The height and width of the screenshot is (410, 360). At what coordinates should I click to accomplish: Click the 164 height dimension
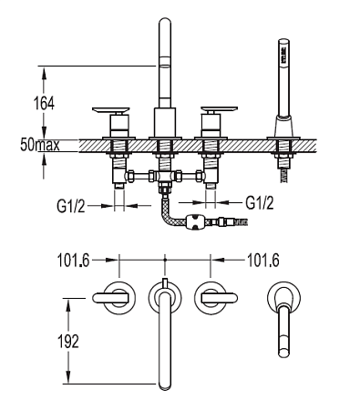click(44, 104)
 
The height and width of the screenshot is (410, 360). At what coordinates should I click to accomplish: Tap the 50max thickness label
click(40, 145)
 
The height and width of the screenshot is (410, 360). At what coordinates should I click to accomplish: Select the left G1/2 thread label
click(71, 206)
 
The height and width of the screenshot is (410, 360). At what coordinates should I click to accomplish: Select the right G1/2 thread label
click(260, 202)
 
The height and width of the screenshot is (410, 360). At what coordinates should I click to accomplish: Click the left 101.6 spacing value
click(74, 261)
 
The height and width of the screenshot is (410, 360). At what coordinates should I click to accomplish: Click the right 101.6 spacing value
click(263, 261)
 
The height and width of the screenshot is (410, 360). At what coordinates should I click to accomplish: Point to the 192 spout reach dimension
click(68, 342)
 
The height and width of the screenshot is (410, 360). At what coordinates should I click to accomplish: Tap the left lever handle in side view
click(111, 109)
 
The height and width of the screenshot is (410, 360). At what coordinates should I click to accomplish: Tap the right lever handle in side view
click(219, 109)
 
